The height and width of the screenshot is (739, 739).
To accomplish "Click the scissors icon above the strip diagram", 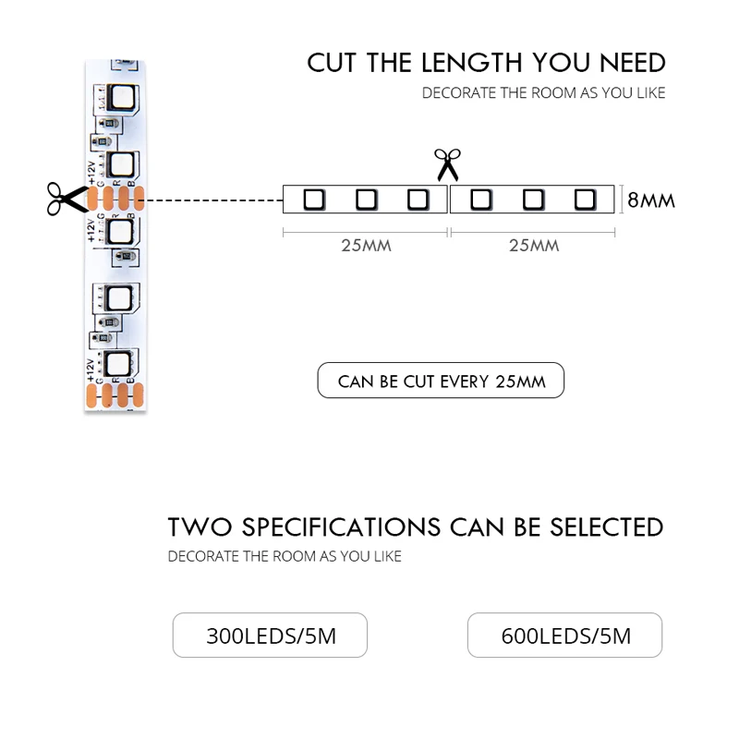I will [x=447, y=164].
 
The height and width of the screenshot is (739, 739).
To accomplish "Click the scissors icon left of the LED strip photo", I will [x=64, y=197].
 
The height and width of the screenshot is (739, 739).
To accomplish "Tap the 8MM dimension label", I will [x=651, y=200].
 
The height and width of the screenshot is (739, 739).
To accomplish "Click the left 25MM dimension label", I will [x=366, y=246].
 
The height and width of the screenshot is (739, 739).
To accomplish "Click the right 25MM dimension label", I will [x=533, y=246].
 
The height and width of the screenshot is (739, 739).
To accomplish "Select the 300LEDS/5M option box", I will [x=270, y=636].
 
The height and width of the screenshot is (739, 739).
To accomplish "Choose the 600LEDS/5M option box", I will [x=564, y=636].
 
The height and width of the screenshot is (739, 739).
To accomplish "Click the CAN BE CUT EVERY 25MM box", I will [x=441, y=381].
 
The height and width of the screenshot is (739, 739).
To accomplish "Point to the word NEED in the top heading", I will [x=633, y=63].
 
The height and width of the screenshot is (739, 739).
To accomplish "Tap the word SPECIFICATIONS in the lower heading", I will [x=341, y=527].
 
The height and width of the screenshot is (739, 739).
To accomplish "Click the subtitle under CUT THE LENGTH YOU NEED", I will [x=543, y=93].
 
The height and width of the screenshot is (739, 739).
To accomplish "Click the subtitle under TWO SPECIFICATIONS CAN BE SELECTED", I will [x=285, y=556].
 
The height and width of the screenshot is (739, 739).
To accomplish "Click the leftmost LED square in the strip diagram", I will [x=313, y=199].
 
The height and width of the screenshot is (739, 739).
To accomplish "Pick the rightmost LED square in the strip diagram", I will [x=584, y=199].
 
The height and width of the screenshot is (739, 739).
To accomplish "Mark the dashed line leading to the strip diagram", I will [x=212, y=199].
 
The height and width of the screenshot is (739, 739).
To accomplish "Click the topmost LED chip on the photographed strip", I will [x=121, y=97].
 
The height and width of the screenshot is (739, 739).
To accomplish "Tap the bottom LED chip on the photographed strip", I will [x=119, y=362].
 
